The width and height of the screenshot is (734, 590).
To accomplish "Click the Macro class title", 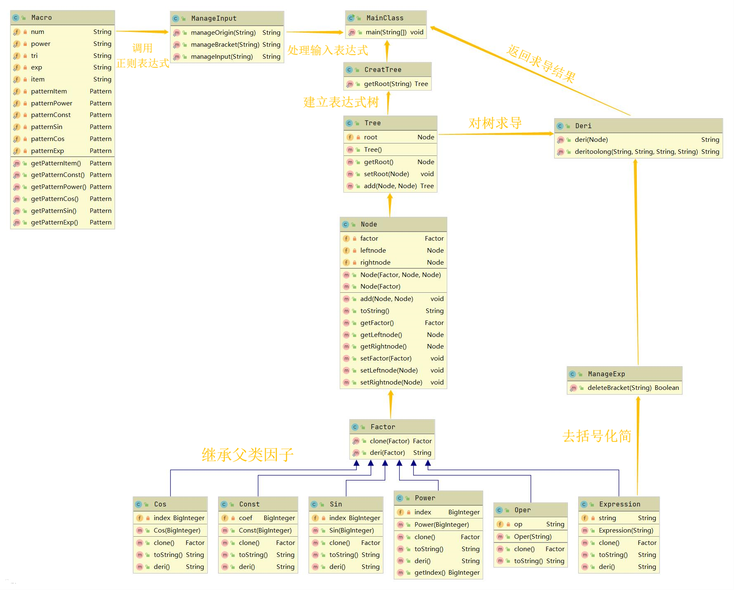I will click(41, 18).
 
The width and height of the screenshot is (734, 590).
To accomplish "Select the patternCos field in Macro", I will click(48, 139).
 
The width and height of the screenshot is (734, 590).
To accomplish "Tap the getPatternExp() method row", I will click(54, 222).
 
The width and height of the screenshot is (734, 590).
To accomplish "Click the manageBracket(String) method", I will click(225, 45).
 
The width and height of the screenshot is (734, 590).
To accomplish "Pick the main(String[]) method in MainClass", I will click(386, 32).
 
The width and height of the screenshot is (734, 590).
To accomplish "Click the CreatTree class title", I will click(383, 70).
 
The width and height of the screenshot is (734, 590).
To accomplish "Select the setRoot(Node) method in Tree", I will click(386, 174).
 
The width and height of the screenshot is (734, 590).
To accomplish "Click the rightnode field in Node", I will click(375, 263).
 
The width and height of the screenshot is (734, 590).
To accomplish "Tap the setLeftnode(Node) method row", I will click(388, 370).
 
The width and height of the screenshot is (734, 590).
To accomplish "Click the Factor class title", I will click(383, 427).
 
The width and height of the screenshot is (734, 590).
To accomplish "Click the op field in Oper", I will click(518, 524).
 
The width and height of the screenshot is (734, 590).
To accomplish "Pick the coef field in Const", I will click(245, 518).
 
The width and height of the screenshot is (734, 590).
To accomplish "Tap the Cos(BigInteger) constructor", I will click(176, 530).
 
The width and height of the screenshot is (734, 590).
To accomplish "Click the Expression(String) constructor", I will click(626, 530).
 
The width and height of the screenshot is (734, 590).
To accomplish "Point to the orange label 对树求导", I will click(495, 123).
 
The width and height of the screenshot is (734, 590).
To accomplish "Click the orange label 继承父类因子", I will click(247, 455).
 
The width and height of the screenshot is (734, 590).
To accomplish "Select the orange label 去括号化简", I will click(596, 436).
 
